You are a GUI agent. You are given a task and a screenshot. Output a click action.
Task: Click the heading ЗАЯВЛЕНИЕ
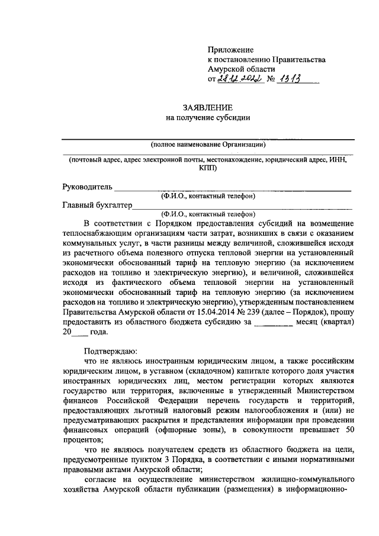[x=207, y=107]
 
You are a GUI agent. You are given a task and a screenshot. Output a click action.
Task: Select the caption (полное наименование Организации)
[x=207, y=143]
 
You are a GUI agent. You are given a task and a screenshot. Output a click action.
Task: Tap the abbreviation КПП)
[x=208, y=168]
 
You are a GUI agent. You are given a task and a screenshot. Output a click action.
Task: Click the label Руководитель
[x=87, y=187]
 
